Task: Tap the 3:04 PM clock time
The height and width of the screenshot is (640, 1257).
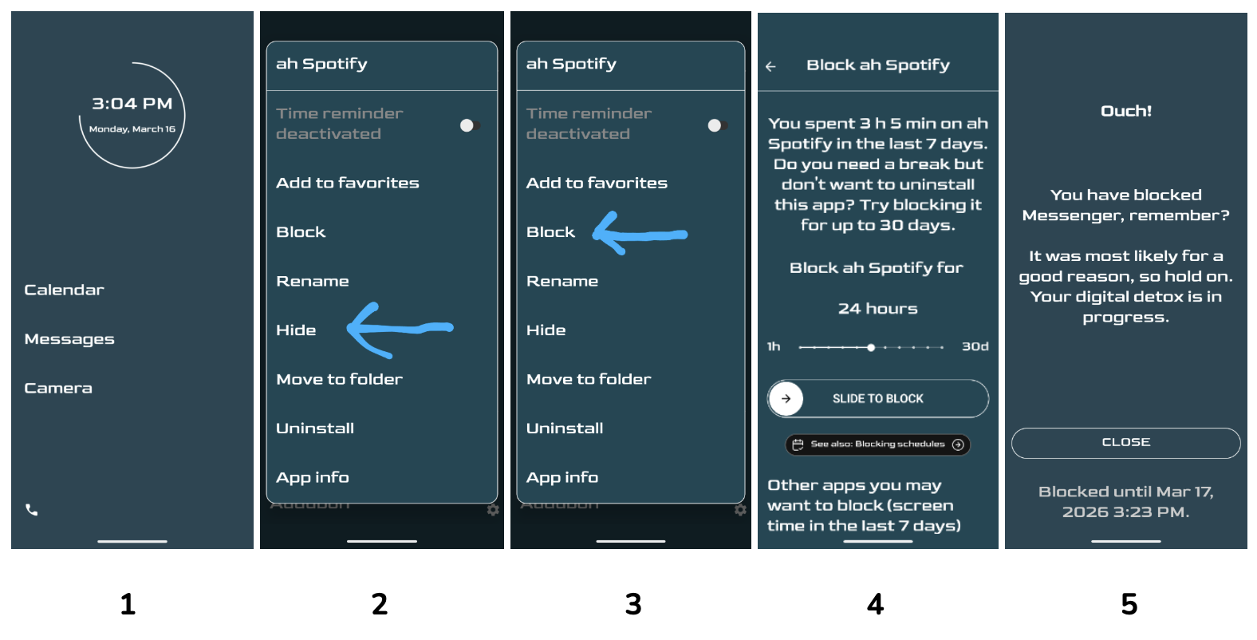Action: coord(132,104)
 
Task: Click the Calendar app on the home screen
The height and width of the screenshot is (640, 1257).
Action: coord(64,290)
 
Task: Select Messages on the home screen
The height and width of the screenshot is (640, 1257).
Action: coord(69,339)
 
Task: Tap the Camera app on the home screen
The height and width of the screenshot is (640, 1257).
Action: coord(57,388)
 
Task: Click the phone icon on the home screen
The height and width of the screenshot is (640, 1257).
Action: coord(31,510)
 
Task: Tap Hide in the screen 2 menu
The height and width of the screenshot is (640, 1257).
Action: coord(296,330)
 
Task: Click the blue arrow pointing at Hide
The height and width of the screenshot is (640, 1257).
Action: coord(400,329)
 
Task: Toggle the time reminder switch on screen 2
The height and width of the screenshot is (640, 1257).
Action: coord(470,125)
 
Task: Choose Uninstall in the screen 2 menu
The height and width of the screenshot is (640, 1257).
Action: coord(315,429)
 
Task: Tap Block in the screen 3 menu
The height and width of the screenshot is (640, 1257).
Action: coord(550,232)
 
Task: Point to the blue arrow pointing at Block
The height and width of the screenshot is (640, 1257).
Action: coord(640,234)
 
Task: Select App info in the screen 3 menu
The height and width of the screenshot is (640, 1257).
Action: coord(562,478)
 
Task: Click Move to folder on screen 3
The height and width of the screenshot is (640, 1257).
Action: coord(589,380)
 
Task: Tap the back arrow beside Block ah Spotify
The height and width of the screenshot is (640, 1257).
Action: coord(770,67)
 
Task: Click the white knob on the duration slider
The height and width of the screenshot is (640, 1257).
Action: coord(870,347)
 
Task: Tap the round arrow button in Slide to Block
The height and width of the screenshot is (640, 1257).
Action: coord(786,398)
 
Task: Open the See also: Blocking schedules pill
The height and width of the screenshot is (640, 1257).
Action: coord(877,444)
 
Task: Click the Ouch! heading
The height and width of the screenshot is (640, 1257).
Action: coord(1125,111)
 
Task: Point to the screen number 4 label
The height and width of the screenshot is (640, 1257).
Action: coord(876,605)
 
